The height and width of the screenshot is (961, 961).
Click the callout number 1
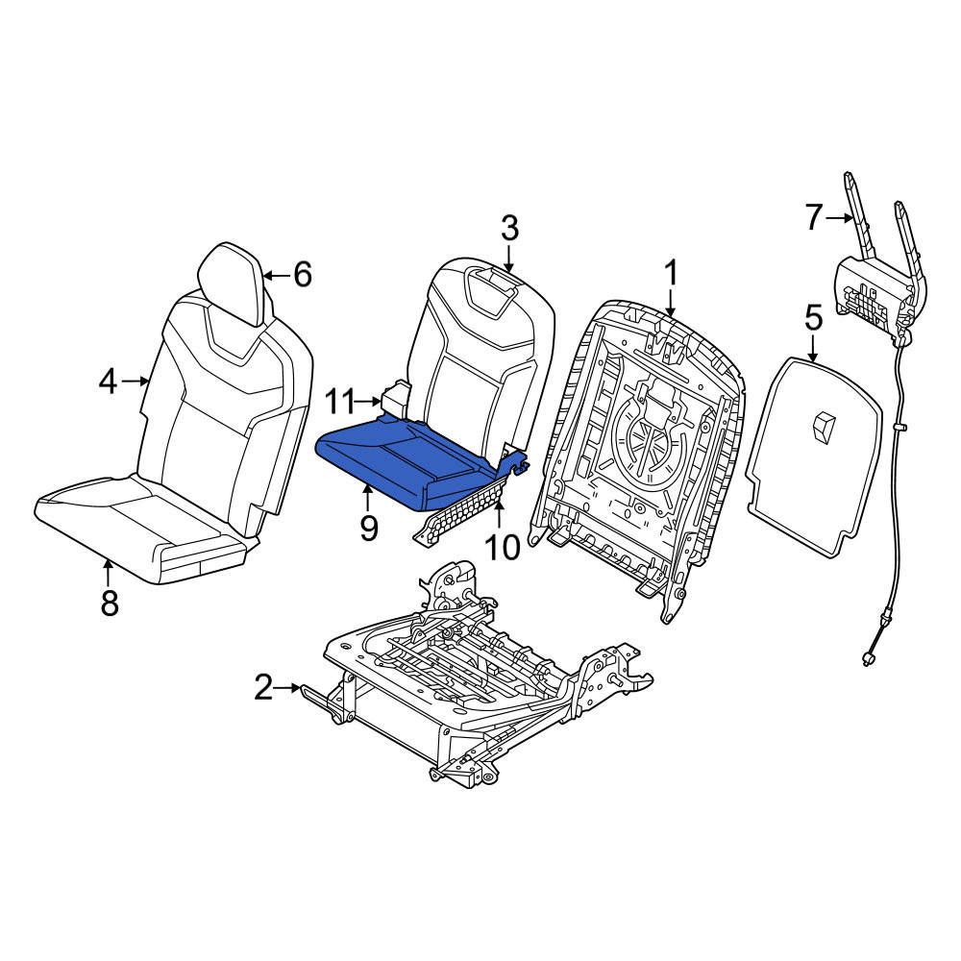[x=672, y=273]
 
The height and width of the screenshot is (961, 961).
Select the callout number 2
[x=263, y=688]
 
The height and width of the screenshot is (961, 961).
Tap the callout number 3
[x=509, y=228]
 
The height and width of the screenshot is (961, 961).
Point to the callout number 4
[x=108, y=382]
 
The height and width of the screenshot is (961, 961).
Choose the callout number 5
[x=813, y=319]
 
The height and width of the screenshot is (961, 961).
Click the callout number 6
[x=303, y=275]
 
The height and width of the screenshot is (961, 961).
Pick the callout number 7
[x=813, y=217]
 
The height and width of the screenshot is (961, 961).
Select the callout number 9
[x=368, y=528]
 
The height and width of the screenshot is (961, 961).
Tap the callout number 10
[x=502, y=547]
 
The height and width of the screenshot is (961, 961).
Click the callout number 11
[x=339, y=402]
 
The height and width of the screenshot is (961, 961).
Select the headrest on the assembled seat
[x=231, y=283]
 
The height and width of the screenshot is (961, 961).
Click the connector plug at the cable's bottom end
[x=868, y=659]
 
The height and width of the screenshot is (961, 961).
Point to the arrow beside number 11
[x=369, y=402]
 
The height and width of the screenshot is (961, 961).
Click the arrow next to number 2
[x=287, y=688]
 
